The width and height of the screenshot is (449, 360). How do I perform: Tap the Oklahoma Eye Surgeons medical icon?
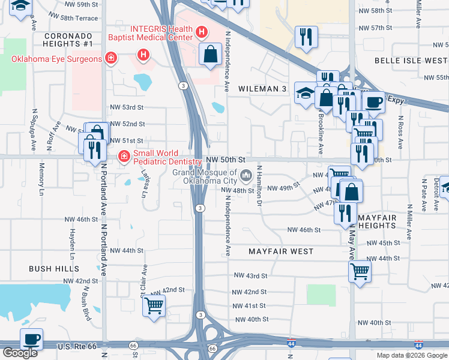[110, 58]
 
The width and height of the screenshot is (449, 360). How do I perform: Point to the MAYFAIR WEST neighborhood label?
[281, 252]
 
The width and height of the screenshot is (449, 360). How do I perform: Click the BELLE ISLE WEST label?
[411, 61]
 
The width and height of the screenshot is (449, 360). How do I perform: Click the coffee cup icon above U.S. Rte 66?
[31, 339]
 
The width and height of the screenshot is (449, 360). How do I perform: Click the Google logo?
[19, 353]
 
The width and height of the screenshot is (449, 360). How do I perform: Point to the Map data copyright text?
[412, 355]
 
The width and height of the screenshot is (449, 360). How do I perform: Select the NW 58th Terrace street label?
[73, 19]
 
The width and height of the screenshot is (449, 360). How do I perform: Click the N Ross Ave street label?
[399, 128]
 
